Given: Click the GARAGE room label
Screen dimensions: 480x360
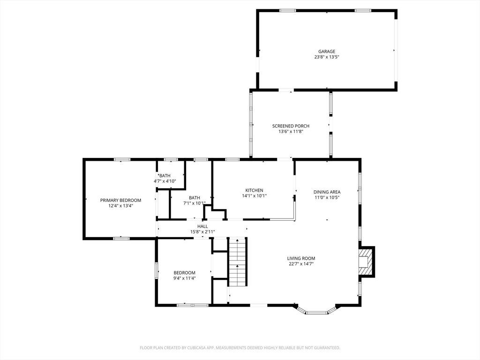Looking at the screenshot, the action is (327, 52).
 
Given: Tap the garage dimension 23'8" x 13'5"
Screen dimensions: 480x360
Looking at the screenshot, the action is (327, 57).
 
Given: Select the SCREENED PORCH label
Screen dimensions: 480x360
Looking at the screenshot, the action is (291, 126).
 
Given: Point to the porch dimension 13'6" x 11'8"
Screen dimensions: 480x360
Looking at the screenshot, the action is (291, 131).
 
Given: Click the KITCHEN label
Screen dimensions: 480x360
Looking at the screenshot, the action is (254, 190).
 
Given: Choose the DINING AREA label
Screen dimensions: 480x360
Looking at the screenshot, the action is (327, 192).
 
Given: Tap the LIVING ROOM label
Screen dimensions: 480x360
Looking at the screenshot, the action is (301, 258).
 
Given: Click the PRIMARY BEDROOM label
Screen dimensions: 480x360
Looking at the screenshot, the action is (120, 200).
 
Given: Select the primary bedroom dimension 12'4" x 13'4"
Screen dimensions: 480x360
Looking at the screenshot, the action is (120, 206).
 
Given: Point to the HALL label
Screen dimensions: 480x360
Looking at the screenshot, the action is (202, 226).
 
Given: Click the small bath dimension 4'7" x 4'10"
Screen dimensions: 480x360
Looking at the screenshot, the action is (165, 181).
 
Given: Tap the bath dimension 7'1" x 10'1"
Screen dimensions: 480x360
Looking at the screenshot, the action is (194, 203).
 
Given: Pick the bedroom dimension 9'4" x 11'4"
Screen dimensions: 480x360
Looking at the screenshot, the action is (184, 278).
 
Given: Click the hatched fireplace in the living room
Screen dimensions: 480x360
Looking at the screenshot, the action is (367, 262).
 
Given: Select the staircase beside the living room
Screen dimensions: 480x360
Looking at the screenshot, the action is (238, 262).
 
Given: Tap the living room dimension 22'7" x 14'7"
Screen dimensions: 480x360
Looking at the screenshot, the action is (301, 263).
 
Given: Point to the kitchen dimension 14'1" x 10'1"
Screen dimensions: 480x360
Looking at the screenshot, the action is (254, 195).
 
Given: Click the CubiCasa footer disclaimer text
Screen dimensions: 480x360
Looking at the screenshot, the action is (240, 348).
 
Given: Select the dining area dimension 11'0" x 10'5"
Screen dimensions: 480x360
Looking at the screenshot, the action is (327, 197).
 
